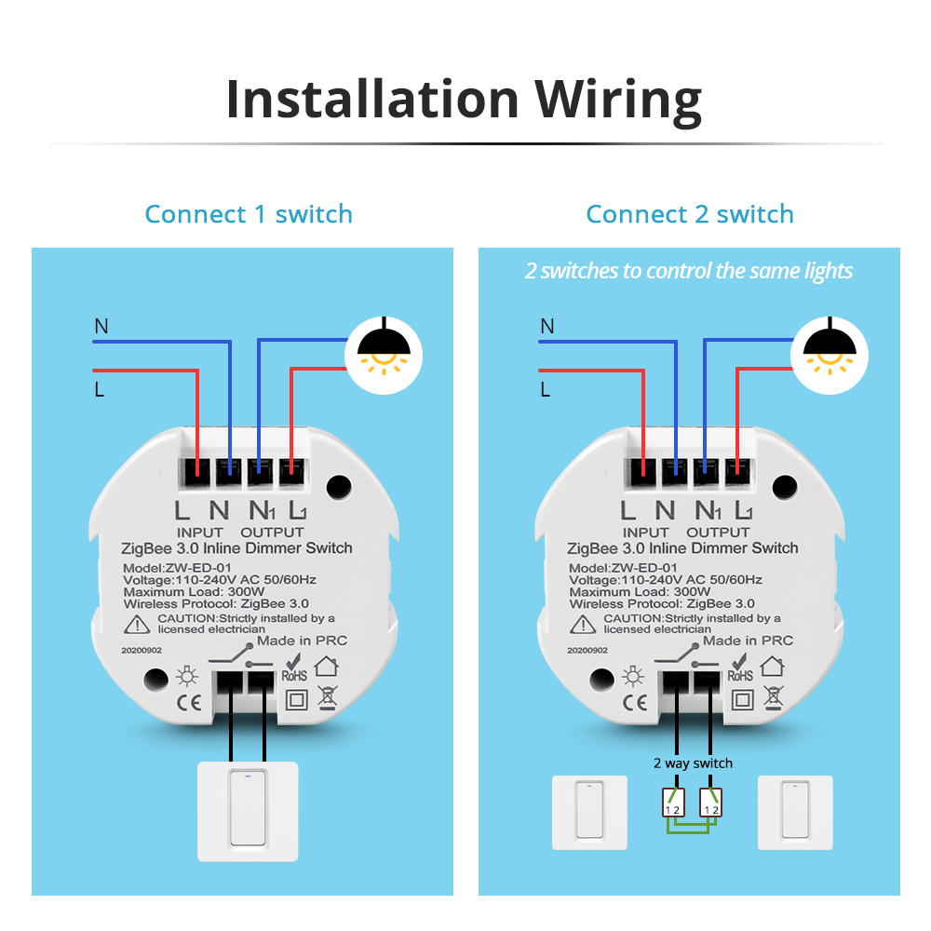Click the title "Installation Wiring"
(464, 100)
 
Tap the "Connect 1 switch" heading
(249, 214)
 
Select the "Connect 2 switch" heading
(690, 214)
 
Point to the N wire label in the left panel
(101, 326)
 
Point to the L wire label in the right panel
(546, 389)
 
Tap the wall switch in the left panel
(248, 809)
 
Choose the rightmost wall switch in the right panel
(794, 812)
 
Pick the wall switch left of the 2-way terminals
(588, 812)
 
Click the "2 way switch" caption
(692, 763)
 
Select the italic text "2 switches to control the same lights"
(689, 271)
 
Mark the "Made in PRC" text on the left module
(303, 641)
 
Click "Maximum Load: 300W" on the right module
(640, 592)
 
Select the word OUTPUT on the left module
(273, 533)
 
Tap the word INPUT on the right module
(644, 533)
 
